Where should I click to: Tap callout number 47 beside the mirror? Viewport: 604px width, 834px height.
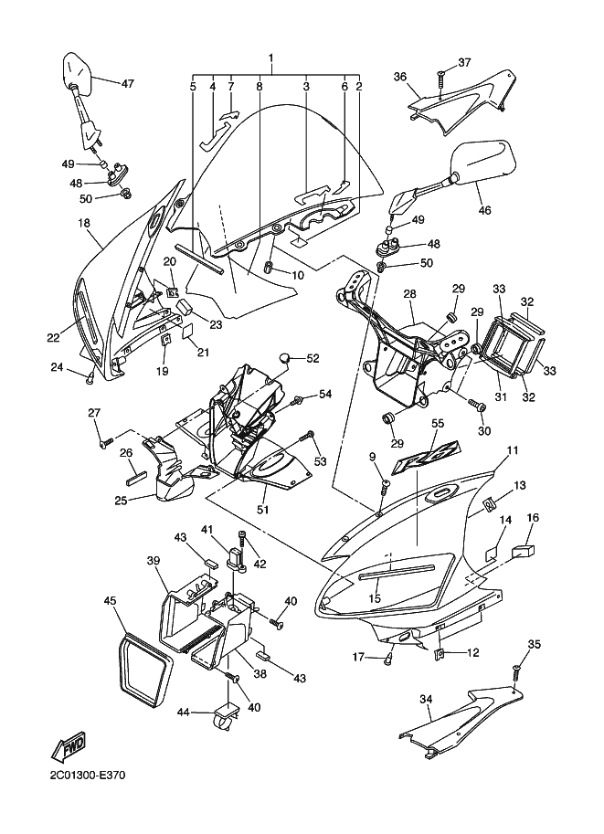click(x=127, y=83)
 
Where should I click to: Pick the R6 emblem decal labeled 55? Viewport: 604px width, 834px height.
click(x=426, y=457)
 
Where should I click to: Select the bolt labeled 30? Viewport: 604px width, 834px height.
click(x=476, y=405)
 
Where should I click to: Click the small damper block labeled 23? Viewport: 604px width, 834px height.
click(x=185, y=307)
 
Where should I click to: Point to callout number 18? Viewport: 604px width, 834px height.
click(x=84, y=223)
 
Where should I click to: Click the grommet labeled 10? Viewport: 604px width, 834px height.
click(x=270, y=267)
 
